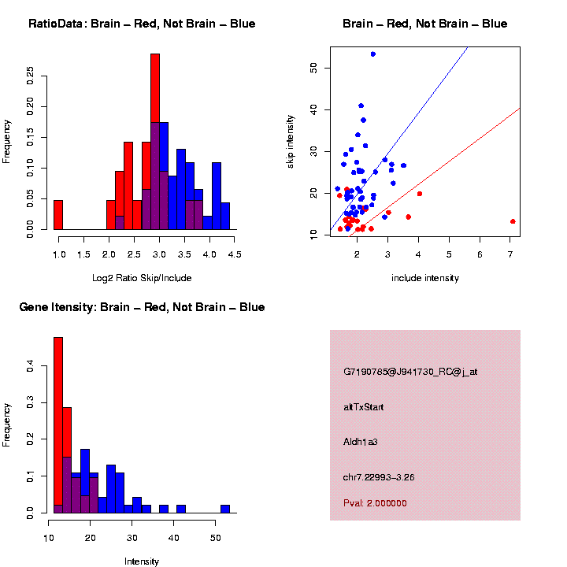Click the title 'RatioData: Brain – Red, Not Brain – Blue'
click(142, 24)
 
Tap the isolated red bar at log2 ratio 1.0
click(58, 214)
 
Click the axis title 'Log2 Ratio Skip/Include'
click(142, 277)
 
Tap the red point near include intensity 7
click(513, 221)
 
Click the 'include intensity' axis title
click(425, 277)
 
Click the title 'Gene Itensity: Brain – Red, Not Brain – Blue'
click(142, 306)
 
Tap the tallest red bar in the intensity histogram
click(58, 425)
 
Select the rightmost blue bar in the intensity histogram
click(225, 509)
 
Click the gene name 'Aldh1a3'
click(361, 442)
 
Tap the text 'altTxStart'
click(364, 407)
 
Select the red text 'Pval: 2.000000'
click(375, 503)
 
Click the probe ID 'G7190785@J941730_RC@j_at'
click(410, 372)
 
